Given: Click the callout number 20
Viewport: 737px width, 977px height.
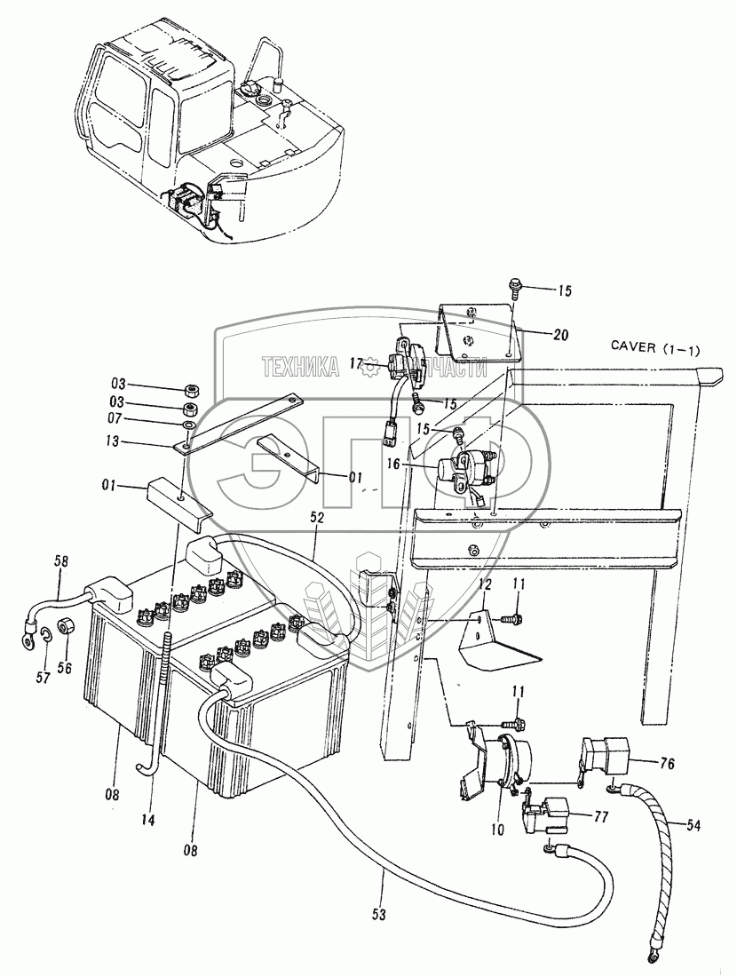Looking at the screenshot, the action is pyautogui.click(x=560, y=334).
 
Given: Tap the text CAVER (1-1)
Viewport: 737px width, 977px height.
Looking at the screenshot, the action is pyautogui.click(x=654, y=347).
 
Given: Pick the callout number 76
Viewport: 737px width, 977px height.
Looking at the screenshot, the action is pyautogui.click(x=666, y=764).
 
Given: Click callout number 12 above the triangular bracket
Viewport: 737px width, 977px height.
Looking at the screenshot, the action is pyautogui.click(x=486, y=585).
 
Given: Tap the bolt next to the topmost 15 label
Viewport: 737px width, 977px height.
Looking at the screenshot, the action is pyautogui.click(x=516, y=288).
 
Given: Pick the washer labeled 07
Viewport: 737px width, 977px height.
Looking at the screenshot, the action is pyautogui.click(x=188, y=425).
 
